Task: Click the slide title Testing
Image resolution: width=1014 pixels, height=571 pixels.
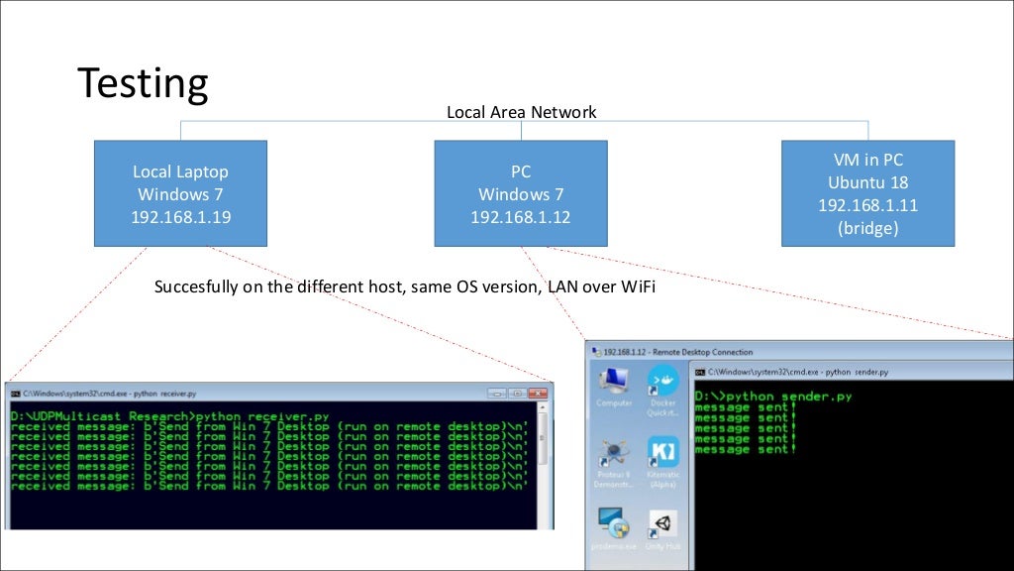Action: pyautogui.click(x=143, y=83)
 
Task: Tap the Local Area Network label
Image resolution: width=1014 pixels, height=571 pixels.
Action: pyautogui.click(x=521, y=112)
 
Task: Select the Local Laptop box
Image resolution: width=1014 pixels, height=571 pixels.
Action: pyautogui.click(x=181, y=193)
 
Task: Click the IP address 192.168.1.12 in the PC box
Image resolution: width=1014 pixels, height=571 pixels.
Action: pyautogui.click(x=520, y=217)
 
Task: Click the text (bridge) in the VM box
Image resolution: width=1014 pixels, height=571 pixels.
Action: pyautogui.click(x=867, y=227)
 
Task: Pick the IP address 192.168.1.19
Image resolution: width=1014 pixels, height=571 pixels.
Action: pyautogui.click(x=181, y=217)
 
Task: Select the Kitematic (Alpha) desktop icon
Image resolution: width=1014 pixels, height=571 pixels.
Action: pyautogui.click(x=661, y=456)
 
